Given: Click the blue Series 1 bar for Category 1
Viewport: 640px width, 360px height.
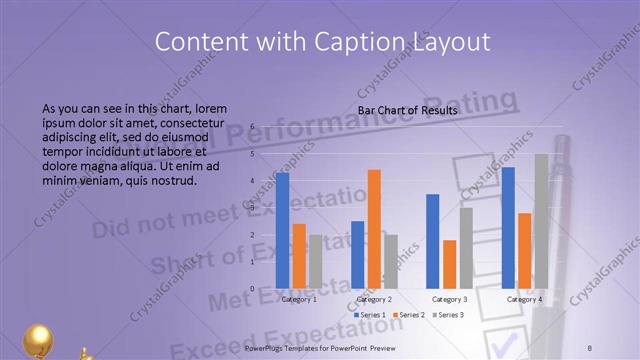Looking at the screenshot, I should pos(282,231).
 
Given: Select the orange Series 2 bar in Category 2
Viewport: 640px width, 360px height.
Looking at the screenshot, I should pos(374,229).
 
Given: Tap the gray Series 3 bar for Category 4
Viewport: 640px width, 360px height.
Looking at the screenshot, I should pos(541,221).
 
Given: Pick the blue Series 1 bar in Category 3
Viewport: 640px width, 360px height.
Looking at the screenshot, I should pos(433,241).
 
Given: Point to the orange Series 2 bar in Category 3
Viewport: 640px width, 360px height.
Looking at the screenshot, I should pos(449,264).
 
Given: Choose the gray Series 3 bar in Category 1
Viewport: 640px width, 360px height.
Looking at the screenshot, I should pos(315,261).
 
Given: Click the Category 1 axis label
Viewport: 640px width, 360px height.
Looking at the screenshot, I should pos(299,299).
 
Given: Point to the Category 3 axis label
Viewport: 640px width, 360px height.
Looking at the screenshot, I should pos(449,299).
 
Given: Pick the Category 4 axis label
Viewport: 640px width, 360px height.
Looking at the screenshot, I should pos(524,299).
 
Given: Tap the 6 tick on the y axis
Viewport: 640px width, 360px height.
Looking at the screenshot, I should pos(253,127).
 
